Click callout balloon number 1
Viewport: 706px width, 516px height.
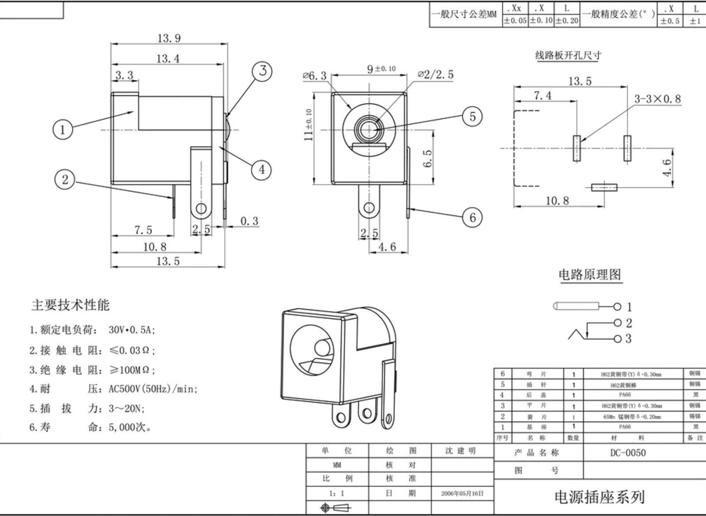tap(62, 129)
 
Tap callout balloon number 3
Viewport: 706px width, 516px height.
tap(262, 71)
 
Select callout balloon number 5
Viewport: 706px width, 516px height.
tap(472, 117)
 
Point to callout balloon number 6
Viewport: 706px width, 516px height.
tap(472, 217)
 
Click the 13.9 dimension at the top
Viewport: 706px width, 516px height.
tap(169, 38)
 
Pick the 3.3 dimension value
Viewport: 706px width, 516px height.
tap(124, 75)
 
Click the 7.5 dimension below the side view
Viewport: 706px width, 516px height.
tap(143, 229)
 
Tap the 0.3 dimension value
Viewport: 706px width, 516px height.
tap(249, 221)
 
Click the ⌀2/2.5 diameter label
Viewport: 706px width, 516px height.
tap(435, 75)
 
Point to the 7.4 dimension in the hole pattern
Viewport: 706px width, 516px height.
tap(542, 95)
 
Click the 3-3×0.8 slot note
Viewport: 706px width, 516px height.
tap(657, 99)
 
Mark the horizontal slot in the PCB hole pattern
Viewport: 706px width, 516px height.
tap(604, 187)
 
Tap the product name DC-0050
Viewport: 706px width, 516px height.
tap(628, 453)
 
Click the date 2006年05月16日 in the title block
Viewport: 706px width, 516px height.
tap(462, 494)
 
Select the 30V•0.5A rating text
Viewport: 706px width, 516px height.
tap(131, 330)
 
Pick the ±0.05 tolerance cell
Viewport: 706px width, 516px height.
tap(515, 21)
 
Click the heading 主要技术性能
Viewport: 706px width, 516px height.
tap(70, 305)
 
